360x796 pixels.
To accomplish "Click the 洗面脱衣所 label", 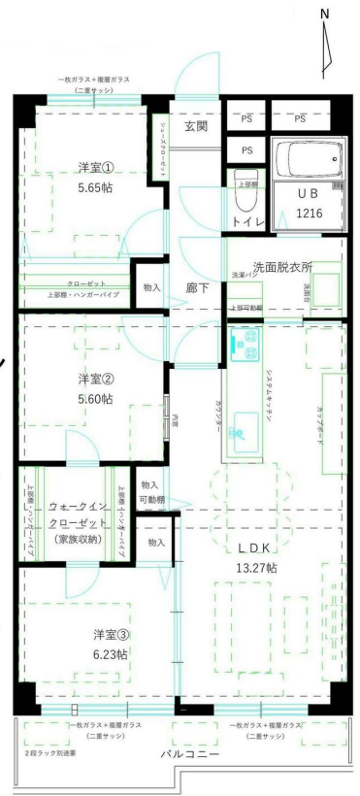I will click(x=281, y=266).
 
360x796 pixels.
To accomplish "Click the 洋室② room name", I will click(x=96, y=380).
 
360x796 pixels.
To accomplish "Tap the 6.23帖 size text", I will click(x=110, y=654).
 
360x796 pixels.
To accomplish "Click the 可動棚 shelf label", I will click(x=149, y=500).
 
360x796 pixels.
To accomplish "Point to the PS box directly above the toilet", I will click(x=246, y=150).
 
